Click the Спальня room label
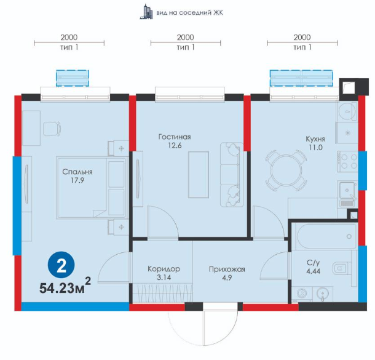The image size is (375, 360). click(77, 172)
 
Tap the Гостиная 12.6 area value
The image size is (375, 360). click(175, 145)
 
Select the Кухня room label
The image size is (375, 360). click(315, 139)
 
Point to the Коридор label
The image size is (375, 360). click(164, 269)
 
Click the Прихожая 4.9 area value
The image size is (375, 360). click(227, 278)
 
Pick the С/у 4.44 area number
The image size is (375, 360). click(314, 271)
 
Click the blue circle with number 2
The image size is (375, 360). click(61, 265)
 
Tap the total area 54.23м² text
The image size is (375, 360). click(65, 286)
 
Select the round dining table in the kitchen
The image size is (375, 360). click(286, 170)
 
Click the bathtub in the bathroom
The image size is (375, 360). click(326, 236)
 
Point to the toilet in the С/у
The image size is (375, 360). click(341, 269)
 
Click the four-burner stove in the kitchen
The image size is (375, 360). click(347, 162)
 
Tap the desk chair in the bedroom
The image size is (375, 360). click(52, 129)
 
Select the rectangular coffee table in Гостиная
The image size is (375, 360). click(199, 175)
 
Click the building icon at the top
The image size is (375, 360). click(146, 12)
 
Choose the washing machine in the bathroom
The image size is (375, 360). click(302, 294)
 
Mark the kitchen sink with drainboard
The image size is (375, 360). click(347, 194)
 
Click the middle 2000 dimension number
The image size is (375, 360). click(185, 38)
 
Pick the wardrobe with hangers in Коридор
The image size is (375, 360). click(163, 293)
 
